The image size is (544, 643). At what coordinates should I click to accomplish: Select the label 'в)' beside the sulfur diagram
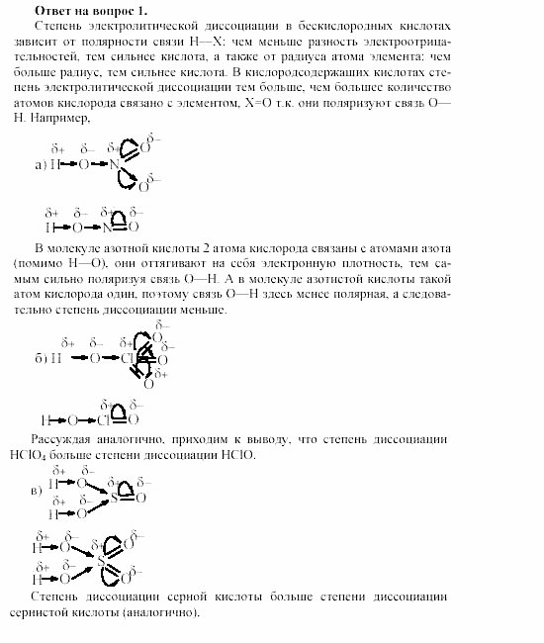click(37, 491)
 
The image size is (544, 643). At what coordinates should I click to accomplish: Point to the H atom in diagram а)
click(57, 164)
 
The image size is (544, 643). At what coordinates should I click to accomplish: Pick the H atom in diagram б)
click(57, 358)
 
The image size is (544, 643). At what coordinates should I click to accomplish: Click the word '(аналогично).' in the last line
click(162, 611)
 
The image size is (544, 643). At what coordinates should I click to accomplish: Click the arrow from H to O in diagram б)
click(77, 358)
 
